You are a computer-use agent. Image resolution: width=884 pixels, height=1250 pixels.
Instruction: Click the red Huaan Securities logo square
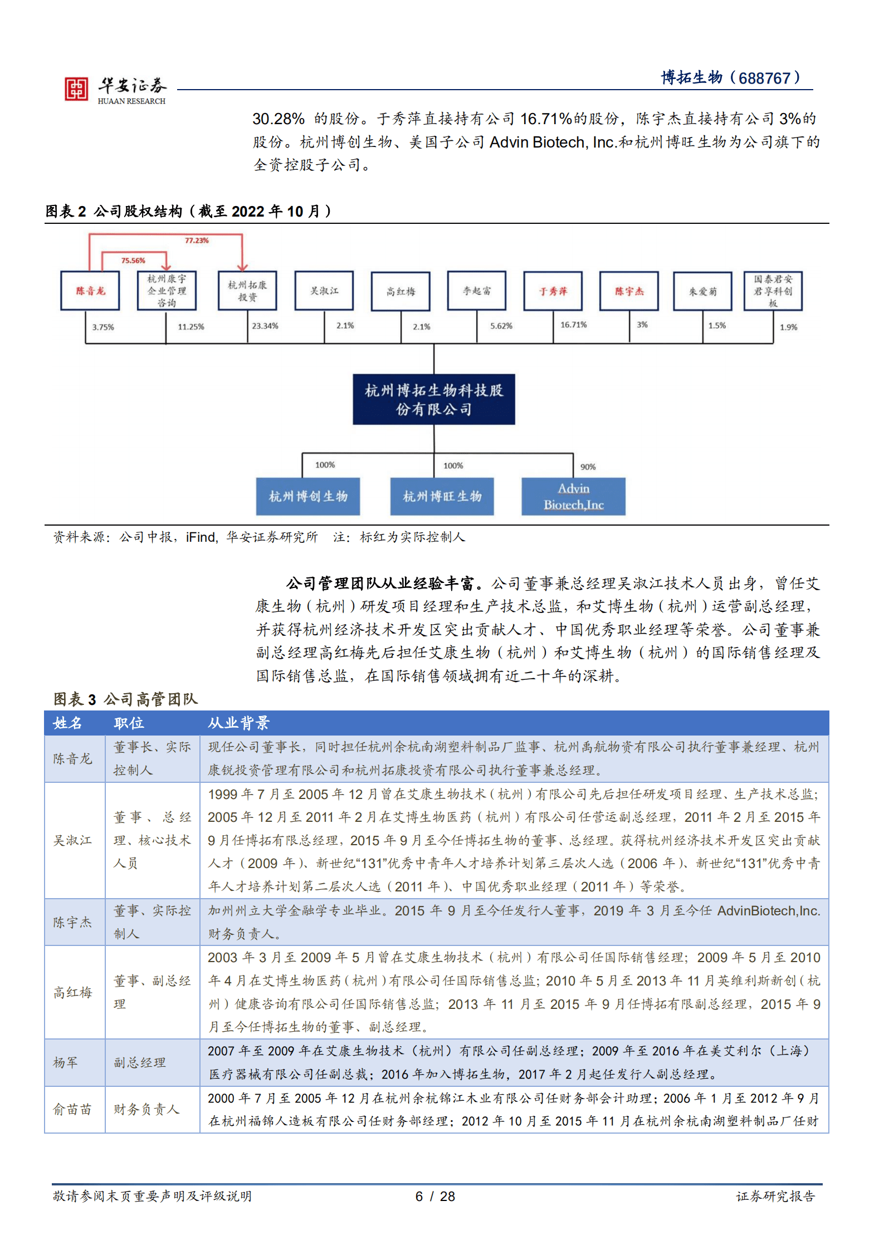click(x=76, y=89)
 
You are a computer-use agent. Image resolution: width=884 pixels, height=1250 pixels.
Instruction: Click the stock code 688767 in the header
click(x=764, y=78)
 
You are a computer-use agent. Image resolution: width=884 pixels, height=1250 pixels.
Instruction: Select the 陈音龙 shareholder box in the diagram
click(x=90, y=291)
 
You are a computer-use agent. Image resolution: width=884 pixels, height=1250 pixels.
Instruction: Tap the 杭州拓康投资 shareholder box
click(x=247, y=291)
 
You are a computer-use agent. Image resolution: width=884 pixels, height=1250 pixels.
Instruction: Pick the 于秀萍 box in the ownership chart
click(x=553, y=291)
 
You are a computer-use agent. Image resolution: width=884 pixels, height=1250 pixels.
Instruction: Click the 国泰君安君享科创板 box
click(x=773, y=291)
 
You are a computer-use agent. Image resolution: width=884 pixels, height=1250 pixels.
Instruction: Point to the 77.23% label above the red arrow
click(x=197, y=241)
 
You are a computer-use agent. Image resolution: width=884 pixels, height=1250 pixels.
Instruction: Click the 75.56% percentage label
click(x=133, y=261)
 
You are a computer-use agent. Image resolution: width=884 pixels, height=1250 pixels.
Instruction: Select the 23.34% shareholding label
click(x=265, y=326)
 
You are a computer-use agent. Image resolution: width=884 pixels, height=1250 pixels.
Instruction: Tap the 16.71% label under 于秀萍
click(x=573, y=325)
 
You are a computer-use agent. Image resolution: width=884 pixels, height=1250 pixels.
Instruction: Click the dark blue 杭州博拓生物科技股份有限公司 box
click(x=434, y=399)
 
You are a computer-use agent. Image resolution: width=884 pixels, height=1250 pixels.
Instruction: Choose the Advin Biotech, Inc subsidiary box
click(x=573, y=496)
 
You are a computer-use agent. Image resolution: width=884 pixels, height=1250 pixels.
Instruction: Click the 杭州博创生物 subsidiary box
click(x=307, y=496)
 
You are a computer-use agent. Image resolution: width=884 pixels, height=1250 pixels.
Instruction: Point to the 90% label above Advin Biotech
click(x=588, y=467)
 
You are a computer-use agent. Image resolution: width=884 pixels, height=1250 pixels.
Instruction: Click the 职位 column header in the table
click(x=129, y=723)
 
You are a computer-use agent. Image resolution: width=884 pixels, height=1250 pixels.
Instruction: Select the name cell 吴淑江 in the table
click(x=73, y=840)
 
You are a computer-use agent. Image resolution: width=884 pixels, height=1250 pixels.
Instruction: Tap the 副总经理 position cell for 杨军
click(x=140, y=1062)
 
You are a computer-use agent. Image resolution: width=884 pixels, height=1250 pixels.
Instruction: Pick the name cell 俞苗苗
click(x=72, y=1109)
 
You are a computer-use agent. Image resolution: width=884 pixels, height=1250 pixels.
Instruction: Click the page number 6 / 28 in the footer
click(x=435, y=1196)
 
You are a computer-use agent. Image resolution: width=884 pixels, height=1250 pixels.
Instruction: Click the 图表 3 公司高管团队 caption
click(x=126, y=699)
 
